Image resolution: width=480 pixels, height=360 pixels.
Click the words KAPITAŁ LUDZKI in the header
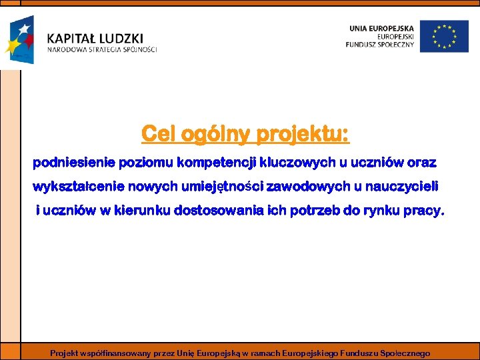(95, 39)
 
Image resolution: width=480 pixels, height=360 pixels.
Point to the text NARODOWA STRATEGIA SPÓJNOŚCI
(102, 50)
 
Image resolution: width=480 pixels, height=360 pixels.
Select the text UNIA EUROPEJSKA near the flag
(381, 27)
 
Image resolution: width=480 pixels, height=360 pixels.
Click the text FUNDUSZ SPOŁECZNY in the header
(380, 45)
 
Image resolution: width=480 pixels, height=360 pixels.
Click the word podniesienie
(74, 162)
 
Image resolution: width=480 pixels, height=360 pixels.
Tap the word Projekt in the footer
(65, 353)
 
